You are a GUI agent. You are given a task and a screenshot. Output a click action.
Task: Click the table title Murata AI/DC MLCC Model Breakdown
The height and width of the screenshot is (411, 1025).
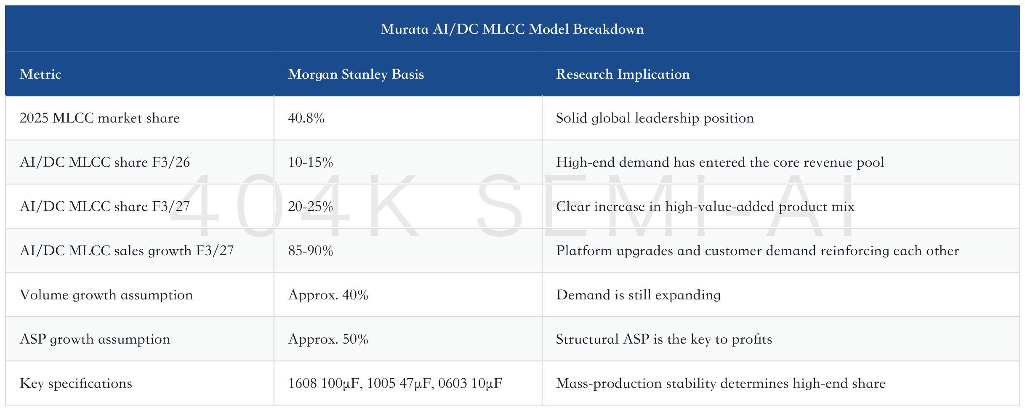pyautogui.click(x=512, y=29)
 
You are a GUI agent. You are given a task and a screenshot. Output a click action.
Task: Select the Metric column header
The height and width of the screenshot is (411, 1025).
pyautogui.click(x=40, y=74)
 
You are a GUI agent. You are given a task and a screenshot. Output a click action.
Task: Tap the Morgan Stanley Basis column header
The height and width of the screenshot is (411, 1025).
pyautogui.click(x=356, y=74)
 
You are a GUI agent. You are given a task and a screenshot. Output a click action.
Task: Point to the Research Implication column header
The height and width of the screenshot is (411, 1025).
pyautogui.click(x=623, y=74)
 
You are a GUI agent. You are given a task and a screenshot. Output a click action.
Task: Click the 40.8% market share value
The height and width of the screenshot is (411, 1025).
pyautogui.click(x=306, y=118)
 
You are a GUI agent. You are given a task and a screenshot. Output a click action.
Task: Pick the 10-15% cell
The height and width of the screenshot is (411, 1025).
pyautogui.click(x=310, y=163)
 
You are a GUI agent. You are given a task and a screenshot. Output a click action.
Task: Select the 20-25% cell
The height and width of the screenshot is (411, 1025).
pyautogui.click(x=310, y=207)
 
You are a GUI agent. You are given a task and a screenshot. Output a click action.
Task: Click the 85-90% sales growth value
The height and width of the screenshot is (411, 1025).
pyautogui.click(x=310, y=251)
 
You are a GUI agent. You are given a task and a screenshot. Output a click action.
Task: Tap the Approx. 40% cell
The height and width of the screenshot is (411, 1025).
pyautogui.click(x=328, y=295)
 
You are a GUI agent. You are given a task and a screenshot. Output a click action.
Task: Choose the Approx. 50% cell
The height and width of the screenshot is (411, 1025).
pyautogui.click(x=328, y=339)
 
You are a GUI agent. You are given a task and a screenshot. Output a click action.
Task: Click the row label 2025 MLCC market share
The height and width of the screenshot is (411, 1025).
pyautogui.click(x=100, y=118)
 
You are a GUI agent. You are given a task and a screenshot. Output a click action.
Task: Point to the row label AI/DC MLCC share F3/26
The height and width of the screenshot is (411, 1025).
pyautogui.click(x=105, y=163)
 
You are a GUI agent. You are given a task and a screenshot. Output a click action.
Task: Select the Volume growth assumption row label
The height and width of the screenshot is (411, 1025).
pyautogui.click(x=106, y=295)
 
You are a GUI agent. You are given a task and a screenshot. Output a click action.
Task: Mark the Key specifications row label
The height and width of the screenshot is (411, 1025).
pyautogui.click(x=76, y=384)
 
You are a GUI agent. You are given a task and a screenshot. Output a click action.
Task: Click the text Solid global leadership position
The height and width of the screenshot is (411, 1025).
pyautogui.click(x=655, y=118)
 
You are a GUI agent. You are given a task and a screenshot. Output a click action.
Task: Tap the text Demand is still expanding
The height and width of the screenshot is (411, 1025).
pyautogui.click(x=638, y=295)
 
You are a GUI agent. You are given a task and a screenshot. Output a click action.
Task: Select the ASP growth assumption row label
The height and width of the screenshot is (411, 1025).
pyautogui.click(x=95, y=339)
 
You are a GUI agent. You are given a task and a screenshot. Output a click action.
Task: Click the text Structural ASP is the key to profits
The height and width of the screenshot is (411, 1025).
pyautogui.click(x=664, y=339)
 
